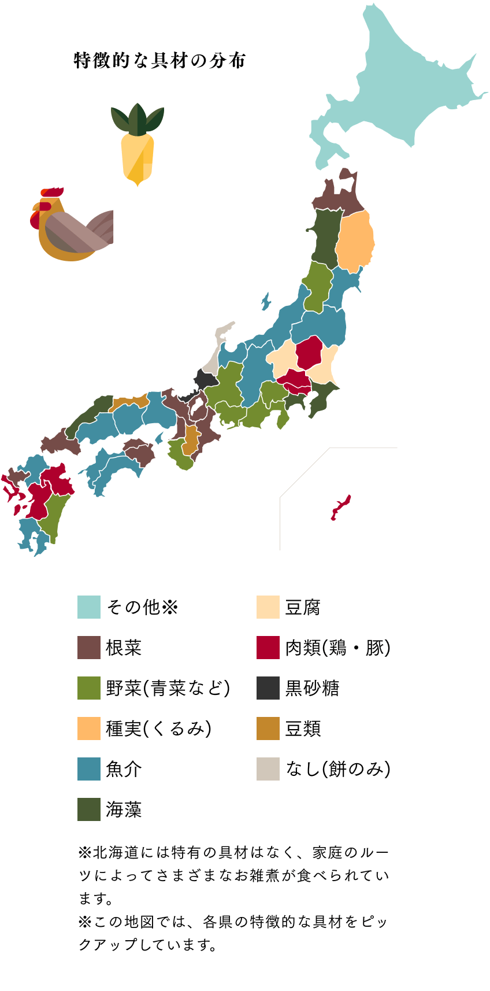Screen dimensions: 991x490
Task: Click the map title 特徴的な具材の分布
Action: pyautogui.click(x=160, y=61)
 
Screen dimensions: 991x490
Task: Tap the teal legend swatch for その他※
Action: pyautogui.click(x=89, y=607)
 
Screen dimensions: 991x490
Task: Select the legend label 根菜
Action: pyautogui.click(x=124, y=648)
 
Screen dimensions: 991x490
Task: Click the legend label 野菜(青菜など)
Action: pyautogui.click(x=168, y=688)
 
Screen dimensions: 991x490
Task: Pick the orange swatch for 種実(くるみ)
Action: pyautogui.click(x=89, y=729)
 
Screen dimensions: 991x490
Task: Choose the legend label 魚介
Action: pyautogui.click(x=124, y=769)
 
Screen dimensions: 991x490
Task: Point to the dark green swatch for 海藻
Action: pyautogui.click(x=89, y=809)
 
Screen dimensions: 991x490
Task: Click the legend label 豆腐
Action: pyautogui.click(x=303, y=607)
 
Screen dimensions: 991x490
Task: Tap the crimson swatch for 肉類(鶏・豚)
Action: pyautogui.click(x=268, y=648)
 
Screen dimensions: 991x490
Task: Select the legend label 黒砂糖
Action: pyautogui.click(x=313, y=688)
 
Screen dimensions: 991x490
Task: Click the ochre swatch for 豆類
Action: pyautogui.click(x=268, y=729)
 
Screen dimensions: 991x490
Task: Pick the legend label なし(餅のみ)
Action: pyautogui.click(x=338, y=769)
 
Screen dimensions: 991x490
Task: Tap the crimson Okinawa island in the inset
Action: pyautogui.click(x=340, y=508)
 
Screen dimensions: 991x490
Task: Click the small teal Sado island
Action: pyautogui.click(x=266, y=301)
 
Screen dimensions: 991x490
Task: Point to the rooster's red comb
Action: pyautogui.click(x=52, y=192)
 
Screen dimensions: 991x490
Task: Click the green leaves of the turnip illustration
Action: pyautogui.click(x=138, y=119)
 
